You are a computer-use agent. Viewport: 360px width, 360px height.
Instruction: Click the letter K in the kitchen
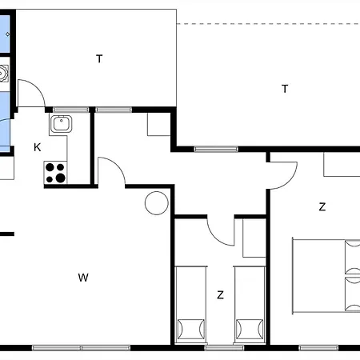tap(38, 147)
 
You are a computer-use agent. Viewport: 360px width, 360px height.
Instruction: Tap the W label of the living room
tap(83, 278)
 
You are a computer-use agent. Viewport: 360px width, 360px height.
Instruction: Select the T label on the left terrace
tap(99, 58)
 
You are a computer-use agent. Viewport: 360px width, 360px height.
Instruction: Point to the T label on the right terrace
tap(285, 89)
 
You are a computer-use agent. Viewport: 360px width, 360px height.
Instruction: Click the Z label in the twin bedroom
tap(220, 295)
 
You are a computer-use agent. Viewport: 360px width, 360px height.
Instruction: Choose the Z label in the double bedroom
tap(322, 206)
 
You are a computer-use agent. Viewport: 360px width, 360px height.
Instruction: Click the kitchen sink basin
tap(62, 124)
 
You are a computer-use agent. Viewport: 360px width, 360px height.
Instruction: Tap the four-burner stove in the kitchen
tap(55, 172)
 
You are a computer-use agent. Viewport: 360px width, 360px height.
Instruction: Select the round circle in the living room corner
tap(157, 203)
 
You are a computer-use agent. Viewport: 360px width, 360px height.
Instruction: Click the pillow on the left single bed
tap(191, 329)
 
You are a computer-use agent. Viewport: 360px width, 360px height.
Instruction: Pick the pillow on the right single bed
tap(250, 329)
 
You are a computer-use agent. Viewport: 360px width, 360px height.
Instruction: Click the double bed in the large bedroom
tap(326, 276)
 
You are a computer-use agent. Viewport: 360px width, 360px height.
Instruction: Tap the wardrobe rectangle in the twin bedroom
tap(254, 238)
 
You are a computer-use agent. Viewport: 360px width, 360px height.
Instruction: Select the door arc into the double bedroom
tap(290, 182)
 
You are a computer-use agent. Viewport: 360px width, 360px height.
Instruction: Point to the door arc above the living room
tap(118, 164)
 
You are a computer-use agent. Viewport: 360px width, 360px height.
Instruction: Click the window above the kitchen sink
tap(70, 110)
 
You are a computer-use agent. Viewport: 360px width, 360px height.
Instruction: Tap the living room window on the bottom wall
tap(81, 348)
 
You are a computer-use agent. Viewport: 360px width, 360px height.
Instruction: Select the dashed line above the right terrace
tap(268, 24)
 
